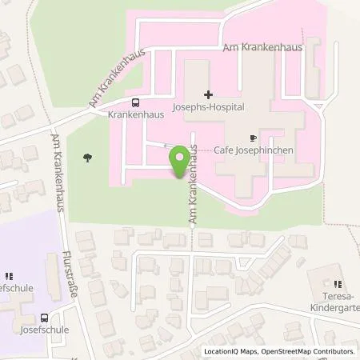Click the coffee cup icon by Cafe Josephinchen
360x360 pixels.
click(x=254, y=138)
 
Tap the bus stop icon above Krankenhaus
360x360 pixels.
click(x=134, y=102)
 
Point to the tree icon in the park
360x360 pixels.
click(x=86, y=158)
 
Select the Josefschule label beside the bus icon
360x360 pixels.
click(x=45, y=329)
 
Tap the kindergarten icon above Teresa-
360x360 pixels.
click(x=337, y=283)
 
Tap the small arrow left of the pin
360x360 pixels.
click(x=166, y=146)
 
